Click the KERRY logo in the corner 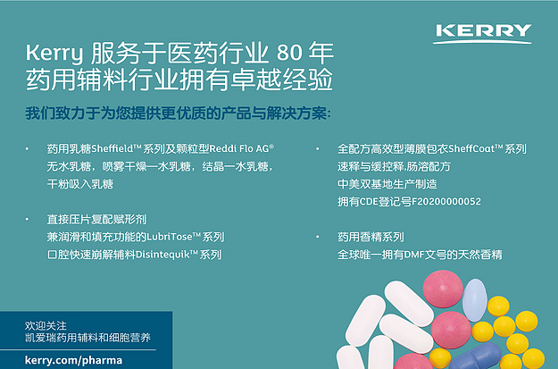coord(482,33)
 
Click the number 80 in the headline coord(289,53)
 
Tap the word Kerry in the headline coord(54,54)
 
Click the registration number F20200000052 coord(446,202)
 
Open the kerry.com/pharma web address coord(74,360)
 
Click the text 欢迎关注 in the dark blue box coord(46,325)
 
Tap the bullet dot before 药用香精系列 coord(318,237)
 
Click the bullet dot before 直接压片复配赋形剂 coord(27,220)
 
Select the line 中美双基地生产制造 coord(387,184)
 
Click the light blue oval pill coord(474,300)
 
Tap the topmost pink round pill coord(443,289)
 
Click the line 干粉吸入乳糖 coord(80,184)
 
